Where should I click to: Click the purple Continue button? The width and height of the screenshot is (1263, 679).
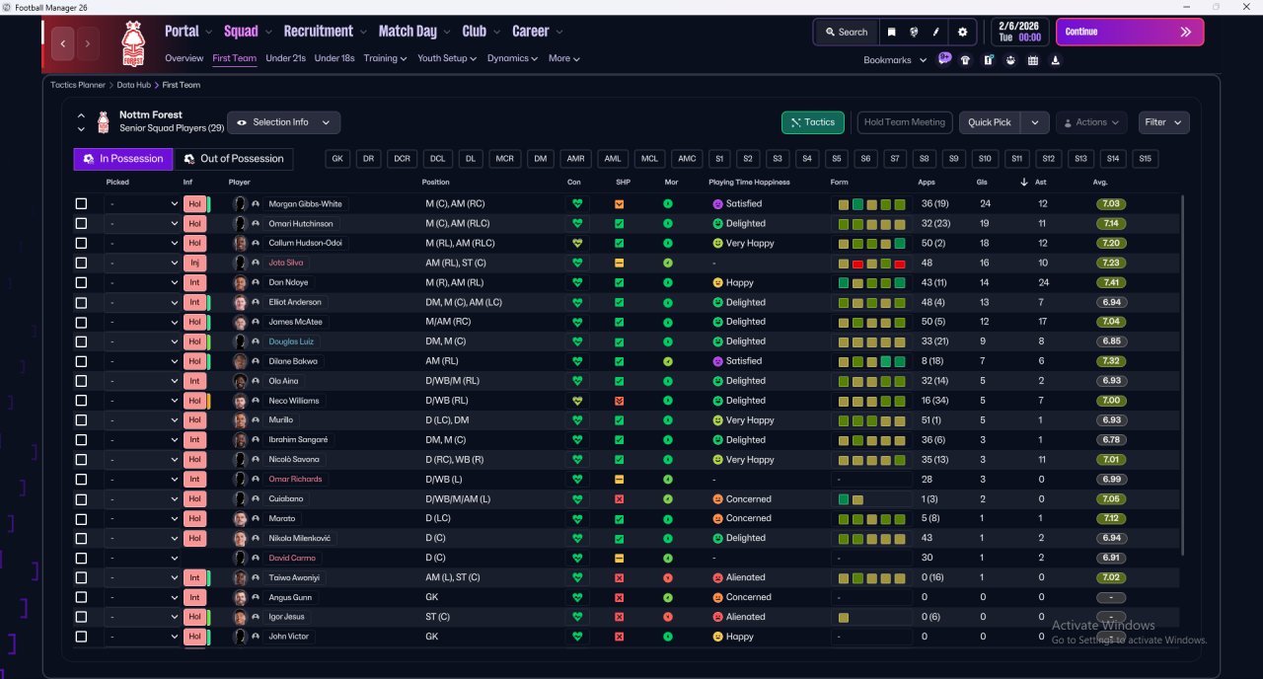pos(1130,33)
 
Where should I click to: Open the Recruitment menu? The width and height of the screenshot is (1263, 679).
pos(318,32)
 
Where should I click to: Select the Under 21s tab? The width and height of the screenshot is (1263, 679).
pos(285,58)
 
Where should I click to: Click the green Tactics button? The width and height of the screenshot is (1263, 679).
pos(812,122)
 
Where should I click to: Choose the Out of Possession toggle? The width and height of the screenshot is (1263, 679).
pos(234,159)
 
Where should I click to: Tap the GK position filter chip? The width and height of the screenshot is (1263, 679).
pos(337,159)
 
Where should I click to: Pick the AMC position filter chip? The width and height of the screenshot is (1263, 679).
pos(686,159)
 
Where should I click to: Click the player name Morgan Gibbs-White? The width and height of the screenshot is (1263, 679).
pos(305,203)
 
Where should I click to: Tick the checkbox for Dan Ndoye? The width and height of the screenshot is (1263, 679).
pos(81,282)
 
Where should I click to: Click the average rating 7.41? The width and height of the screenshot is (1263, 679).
pos(1111,282)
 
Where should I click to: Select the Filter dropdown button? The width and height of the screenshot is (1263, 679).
pos(1163,122)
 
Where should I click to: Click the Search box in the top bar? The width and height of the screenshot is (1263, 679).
pos(847,33)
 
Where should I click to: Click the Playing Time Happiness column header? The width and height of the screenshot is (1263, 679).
pos(749,183)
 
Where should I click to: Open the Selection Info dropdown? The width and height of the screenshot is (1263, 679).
pos(283,122)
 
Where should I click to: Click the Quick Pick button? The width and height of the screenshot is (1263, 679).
pos(989,122)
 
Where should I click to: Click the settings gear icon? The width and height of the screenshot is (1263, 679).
pos(962,33)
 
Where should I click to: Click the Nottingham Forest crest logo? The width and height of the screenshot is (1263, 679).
pos(133,43)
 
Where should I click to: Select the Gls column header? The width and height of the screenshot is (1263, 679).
pos(981,183)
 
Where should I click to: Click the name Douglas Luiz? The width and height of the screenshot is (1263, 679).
pos(291,341)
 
